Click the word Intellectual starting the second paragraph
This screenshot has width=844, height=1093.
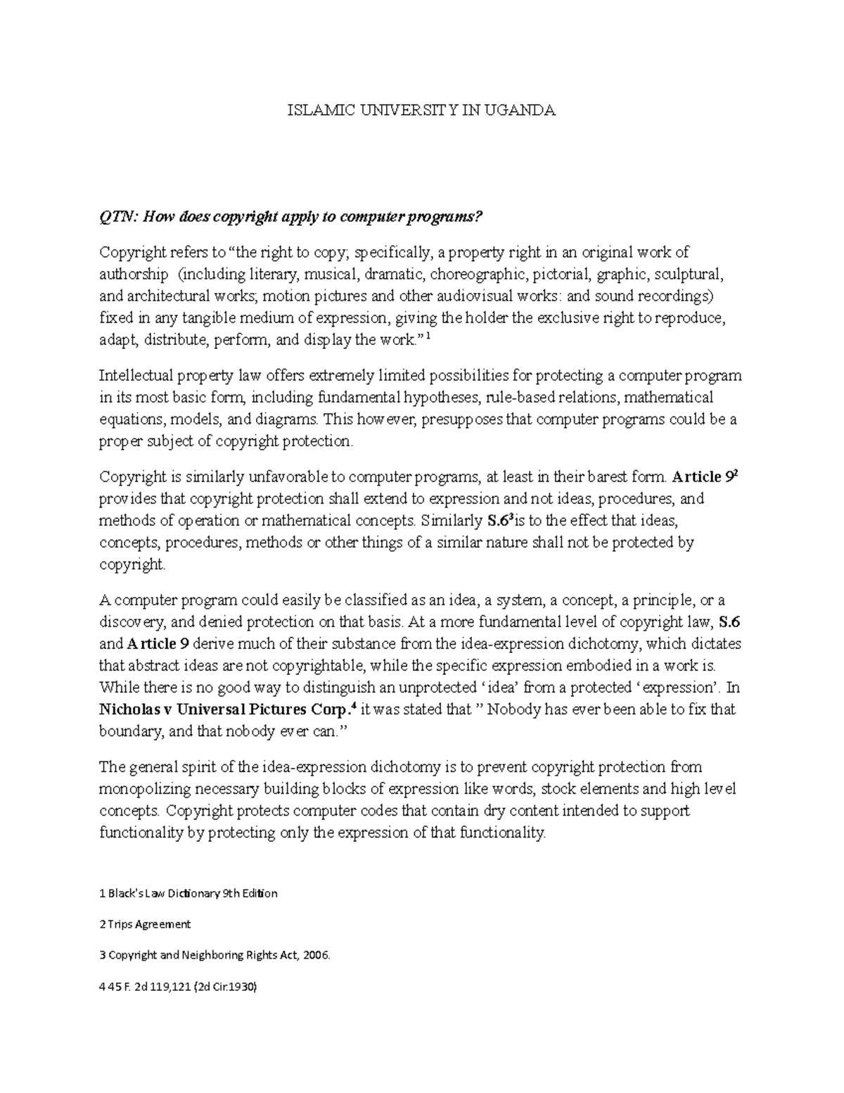click(x=136, y=375)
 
